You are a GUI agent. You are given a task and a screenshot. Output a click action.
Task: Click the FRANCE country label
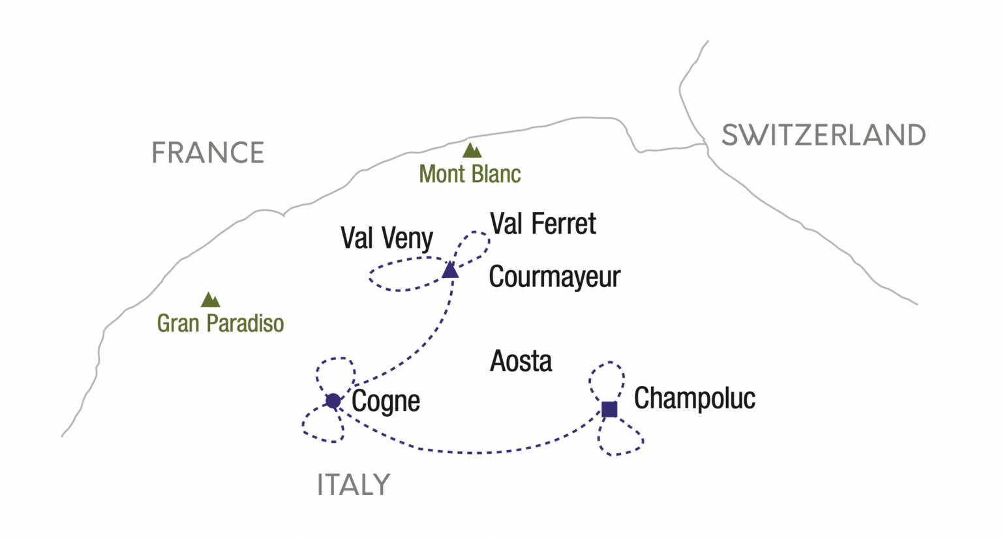[x=207, y=153]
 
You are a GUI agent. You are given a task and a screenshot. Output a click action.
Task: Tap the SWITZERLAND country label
[x=823, y=135]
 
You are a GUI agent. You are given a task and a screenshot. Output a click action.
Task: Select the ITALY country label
[x=354, y=485]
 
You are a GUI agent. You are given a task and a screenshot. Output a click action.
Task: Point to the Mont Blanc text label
[x=470, y=174]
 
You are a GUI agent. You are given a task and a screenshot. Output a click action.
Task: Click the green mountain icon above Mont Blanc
[x=472, y=151]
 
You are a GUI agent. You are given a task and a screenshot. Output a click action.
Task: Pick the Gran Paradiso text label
[x=220, y=323]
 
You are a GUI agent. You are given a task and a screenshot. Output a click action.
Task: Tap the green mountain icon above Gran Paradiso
[x=210, y=300]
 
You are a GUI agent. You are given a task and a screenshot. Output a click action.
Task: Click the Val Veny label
[x=386, y=239]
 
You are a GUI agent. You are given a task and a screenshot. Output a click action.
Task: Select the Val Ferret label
[x=543, y=224]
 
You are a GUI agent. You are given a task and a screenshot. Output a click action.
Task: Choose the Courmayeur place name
[x=554, y=277]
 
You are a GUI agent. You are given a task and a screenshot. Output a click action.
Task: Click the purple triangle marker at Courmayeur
[x=450, y=270]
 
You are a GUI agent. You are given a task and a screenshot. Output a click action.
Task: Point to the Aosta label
[x=521, y=361]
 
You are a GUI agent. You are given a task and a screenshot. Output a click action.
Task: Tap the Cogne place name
[x=386, y=402]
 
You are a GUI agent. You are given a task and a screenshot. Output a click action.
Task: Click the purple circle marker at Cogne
[x=333, y=400]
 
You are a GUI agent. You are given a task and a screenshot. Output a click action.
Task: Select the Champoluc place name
[x=694, y=398]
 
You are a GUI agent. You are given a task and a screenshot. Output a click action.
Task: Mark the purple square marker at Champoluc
[x=609, y=409]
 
